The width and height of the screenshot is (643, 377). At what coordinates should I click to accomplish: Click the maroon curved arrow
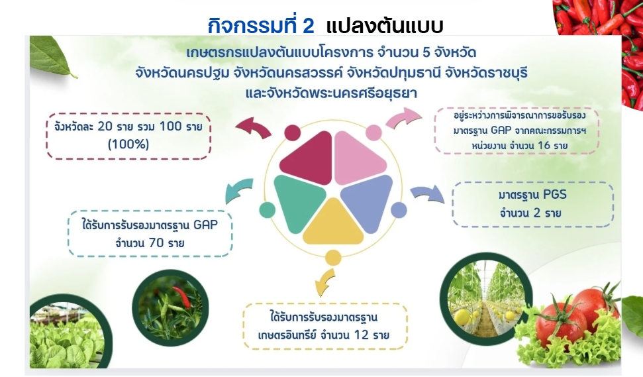coord(253,127)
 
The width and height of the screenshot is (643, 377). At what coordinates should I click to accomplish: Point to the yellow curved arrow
coord(324,283)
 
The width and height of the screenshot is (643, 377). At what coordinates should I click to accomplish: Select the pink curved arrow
coord(405,118)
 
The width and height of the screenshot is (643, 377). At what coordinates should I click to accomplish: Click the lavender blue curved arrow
coord(428,193)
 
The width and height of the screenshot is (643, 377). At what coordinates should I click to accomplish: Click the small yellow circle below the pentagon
coord(333,258)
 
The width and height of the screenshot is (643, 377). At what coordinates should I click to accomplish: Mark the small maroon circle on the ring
coord(293,133)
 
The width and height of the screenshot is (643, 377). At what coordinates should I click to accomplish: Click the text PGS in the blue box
coord(555,194)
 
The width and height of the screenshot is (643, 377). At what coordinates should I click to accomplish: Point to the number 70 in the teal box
coord(156,242)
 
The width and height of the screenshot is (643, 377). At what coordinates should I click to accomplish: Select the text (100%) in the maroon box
coord(128,144)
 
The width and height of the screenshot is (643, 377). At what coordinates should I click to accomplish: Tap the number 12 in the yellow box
coord(362,335)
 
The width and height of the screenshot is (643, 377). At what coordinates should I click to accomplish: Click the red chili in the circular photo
coord(183,297)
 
